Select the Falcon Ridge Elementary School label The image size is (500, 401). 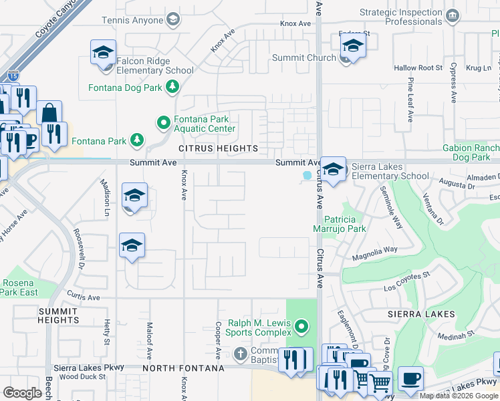[x=155, y=65]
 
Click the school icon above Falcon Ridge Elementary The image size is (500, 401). [x=104, y=53]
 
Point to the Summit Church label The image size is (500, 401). [x=303, y=58]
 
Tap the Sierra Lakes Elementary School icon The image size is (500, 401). [x=333, y=170]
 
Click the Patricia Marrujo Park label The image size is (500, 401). [x=345, y=224]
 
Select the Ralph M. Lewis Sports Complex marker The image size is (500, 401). [x=302, y=327]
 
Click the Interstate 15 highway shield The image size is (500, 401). [x=13, y=76]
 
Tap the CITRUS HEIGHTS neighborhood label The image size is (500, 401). [x=218, y=148]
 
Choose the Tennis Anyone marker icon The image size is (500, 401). [x=173, y=19]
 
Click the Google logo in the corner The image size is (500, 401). [x=22, y=393]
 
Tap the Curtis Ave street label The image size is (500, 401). [x=83, y=297]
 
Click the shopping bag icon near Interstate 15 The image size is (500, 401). [x=49, y=112]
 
